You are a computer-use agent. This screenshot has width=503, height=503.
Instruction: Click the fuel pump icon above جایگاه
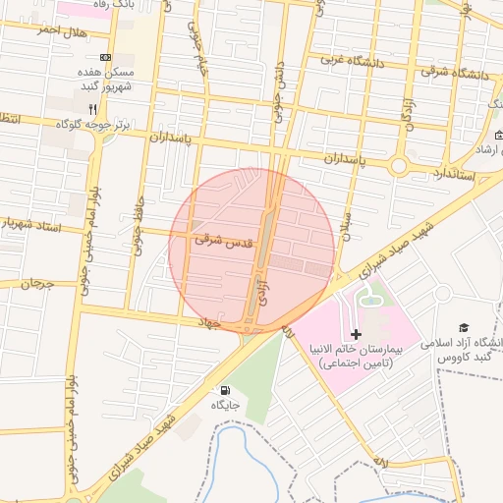(x=227, y=390)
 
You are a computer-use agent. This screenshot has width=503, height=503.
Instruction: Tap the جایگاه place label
(x=227, y=405)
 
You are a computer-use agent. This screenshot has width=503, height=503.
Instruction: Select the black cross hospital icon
(x=356, y=335)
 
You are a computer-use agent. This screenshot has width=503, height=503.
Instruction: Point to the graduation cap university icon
(x=464, y=328)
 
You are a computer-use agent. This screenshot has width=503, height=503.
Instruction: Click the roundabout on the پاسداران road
(x=398, y=166)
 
